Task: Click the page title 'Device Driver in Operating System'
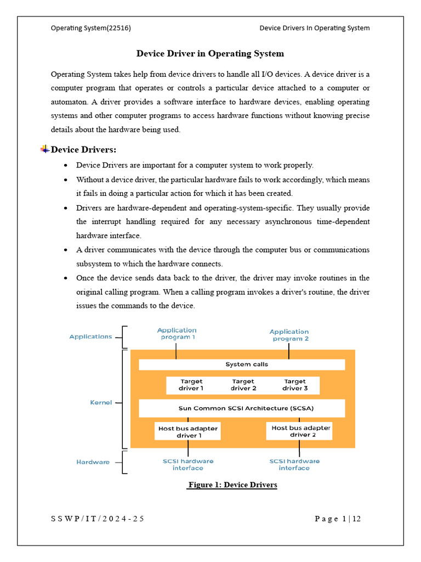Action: (x=210, y=54)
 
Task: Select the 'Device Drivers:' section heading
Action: (x=83, y=150)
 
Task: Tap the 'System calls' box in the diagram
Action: (x=242, y=364)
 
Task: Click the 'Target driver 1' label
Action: (x=191, y=385)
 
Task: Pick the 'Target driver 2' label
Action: (x=243, y=385)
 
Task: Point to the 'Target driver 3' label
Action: (x=295, y=385)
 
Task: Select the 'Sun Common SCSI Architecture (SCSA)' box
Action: (x=242, y=408)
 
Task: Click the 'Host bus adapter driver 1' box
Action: (x=187, y=431)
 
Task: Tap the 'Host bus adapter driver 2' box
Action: (x=299, y=431)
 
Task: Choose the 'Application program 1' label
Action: (x=177, y=334)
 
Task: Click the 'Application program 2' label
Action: (x=289, y=335)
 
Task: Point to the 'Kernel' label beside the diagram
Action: (x=101, y=402)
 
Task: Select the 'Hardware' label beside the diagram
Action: (x=93, y=462)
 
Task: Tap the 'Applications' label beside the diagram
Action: (x=90, y=336)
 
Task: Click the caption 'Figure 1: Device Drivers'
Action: (x=232, y=485)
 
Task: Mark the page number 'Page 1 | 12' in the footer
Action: (x=338, y=519)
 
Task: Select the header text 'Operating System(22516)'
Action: (x=91, y=28)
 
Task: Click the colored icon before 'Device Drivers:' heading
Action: (x=45, y=149)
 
